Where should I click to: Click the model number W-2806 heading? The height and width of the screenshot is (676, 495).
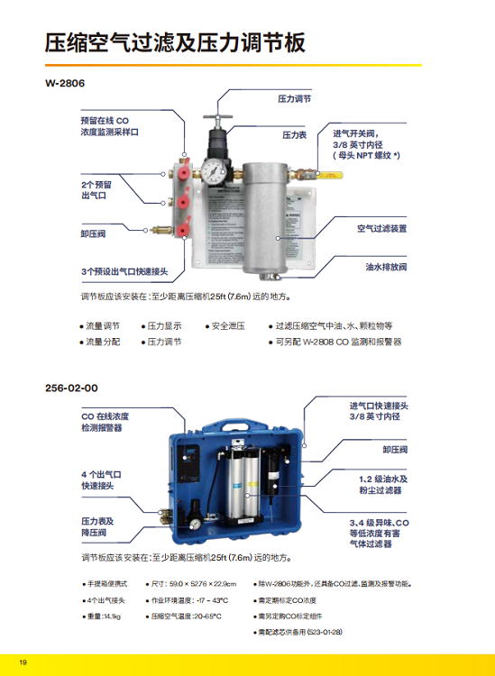65,84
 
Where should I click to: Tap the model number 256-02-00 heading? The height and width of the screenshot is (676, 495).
71,388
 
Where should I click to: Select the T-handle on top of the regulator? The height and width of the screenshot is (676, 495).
215,118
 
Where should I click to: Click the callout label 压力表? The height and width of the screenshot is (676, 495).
295,134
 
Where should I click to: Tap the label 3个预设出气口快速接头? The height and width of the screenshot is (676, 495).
125,270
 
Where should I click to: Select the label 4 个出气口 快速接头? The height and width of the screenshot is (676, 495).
100,480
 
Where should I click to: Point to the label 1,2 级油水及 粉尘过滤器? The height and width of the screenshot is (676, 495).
384,484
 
